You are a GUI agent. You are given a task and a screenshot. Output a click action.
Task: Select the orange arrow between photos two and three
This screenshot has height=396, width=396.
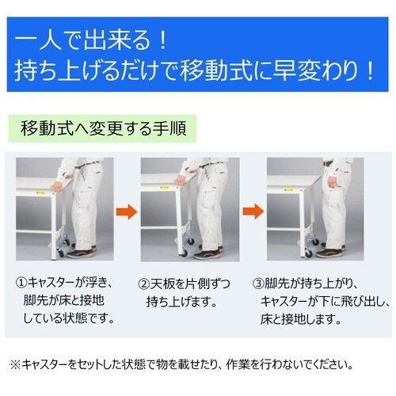(252, 212)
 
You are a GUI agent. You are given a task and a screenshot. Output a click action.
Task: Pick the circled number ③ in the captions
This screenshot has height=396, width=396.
(259, 284)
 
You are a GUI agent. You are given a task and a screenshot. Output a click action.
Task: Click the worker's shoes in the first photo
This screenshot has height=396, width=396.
(83, 253)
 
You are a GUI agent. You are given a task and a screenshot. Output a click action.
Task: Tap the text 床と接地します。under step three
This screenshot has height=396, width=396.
(308, 320)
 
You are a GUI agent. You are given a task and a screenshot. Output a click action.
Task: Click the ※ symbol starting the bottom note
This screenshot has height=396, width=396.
(15, 365)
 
